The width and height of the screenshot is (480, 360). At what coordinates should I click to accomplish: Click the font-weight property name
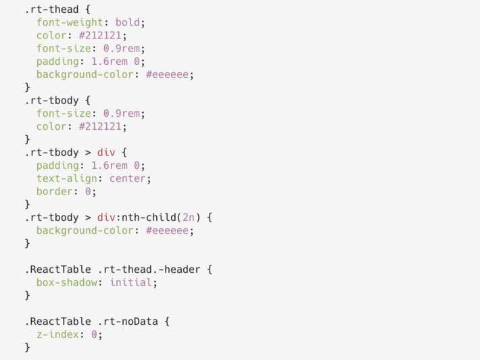(x=72, y=22)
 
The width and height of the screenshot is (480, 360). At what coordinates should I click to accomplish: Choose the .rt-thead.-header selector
(x=149, y=269)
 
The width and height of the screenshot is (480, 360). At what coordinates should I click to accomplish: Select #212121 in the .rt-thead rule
(x=101, y=35)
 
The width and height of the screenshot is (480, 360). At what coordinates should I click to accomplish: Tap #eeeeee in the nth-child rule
(x=169, y=230)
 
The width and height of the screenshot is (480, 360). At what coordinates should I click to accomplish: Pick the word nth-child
(x=153, y=217)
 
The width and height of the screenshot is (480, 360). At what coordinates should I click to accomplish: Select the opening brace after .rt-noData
(x=166, y=322)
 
